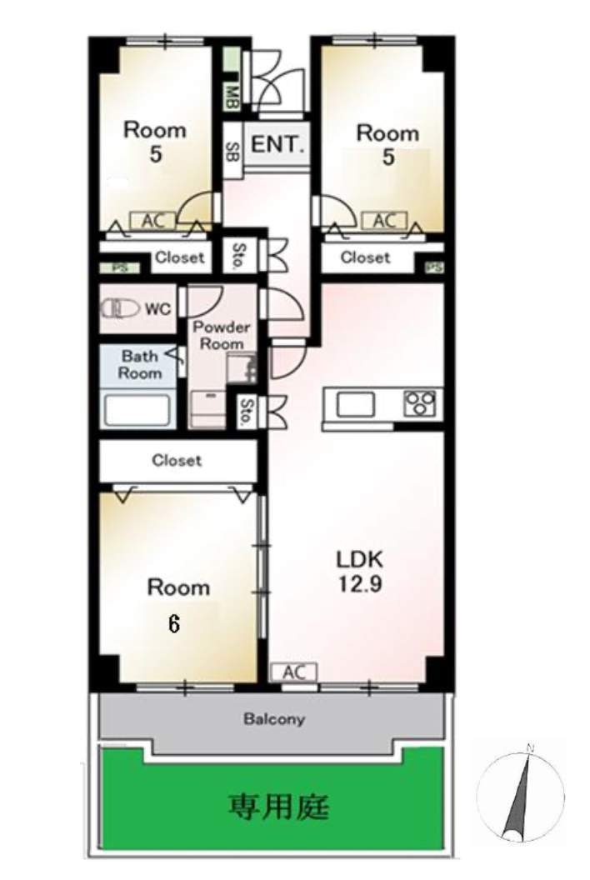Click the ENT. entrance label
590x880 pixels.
[x=277, y=145]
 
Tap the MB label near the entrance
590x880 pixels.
[x=232, y=97]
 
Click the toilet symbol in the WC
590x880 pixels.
[x=120, y=308]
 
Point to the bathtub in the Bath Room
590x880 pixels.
[x=137, y=410]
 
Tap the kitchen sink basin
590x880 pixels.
[x=355, y=405]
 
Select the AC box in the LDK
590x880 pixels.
[x=293, y=672]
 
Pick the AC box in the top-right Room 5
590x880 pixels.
[x=384, y=221]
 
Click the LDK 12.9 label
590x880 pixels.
[x=359, y=572]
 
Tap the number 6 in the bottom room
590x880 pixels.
[x=174, y=623]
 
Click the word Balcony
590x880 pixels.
[x=274, y=719]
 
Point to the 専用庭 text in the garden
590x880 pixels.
[x=278, y=807]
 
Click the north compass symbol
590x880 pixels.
[x=520, y=797]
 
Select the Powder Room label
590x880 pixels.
[x=221, y=335]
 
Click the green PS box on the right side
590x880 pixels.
[x=434, y=267]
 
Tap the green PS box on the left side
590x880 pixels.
[x=119, y=268]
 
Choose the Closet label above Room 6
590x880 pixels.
[x=177, y=460]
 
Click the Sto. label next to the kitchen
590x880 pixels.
[x=245, y=412]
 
